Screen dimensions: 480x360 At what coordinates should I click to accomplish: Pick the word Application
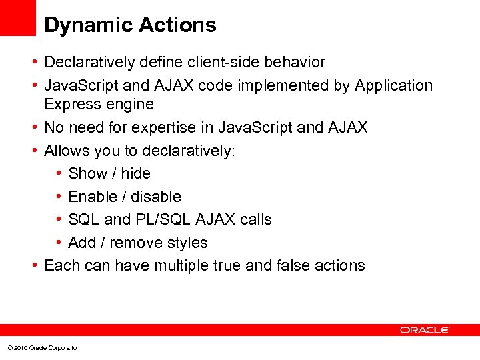(x=394, y=86)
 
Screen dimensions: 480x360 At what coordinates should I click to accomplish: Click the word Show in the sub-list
(x=87, y=173)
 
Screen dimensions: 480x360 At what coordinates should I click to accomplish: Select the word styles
(x=186, y=243)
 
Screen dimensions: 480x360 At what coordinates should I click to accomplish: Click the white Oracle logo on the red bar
(x=425, y=330)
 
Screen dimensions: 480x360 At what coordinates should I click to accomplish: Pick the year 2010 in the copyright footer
(x=19, y=348)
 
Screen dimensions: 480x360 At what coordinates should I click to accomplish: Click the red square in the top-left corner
(x=17, y=17)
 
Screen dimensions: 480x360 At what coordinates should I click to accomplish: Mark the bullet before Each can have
(x=33, y=265)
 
